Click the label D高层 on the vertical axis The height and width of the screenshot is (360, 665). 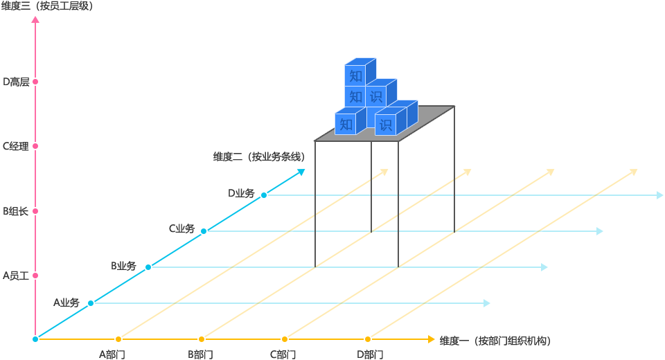16,82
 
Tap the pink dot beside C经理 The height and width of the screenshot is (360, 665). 35,146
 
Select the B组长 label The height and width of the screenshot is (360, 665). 16,211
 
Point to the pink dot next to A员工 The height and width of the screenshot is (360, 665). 35,276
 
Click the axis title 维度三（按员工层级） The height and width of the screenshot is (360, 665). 47,6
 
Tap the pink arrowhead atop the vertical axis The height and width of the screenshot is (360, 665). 35,19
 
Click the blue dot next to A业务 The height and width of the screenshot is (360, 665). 91,303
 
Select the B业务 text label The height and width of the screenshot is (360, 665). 123,266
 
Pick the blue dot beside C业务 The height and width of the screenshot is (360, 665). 204,231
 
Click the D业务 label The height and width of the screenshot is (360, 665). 241,193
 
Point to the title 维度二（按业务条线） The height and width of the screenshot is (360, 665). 258,156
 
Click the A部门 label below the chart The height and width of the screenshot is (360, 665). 112,354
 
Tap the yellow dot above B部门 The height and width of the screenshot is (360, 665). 202,339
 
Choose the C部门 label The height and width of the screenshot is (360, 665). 283,354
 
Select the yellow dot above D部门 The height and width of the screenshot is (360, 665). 368,339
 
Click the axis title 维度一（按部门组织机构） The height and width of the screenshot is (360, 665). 495,341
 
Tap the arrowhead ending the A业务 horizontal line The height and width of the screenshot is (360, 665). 487,303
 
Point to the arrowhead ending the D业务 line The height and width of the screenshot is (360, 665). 658,195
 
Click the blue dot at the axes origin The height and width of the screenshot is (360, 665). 35,339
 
